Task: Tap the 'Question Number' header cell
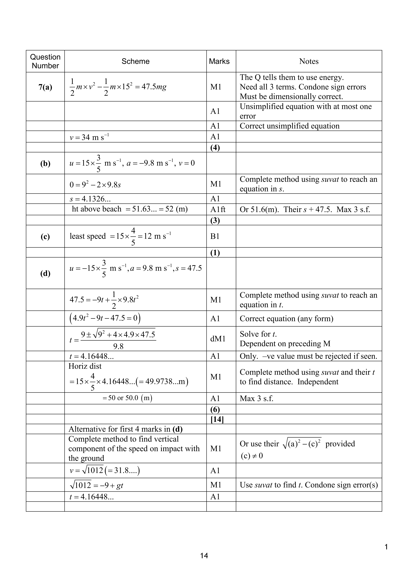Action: click(45, 61)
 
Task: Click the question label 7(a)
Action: click(45, 87)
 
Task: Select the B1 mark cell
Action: click(215, 236)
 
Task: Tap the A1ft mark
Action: click(218, 209)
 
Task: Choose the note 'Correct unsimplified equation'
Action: click(289, 126)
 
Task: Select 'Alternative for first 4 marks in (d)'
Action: click(126, 429)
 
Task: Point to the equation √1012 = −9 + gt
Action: click(96, 485)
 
